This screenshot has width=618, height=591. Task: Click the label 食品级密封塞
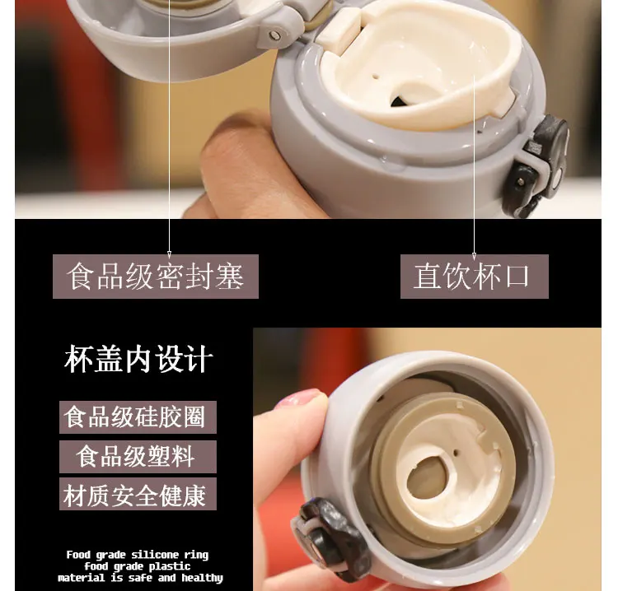(x=155, y=277)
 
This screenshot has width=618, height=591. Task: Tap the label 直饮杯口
(x=474, y=277)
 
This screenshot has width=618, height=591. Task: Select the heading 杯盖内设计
(x=138, y=359)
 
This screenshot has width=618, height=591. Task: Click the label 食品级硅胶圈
(x=138, y=417)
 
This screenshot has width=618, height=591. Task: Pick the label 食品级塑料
(x=138, y=457)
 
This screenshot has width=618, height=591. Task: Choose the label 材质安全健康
(x=138, y=494)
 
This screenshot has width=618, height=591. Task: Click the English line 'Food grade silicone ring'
(x=137, y=555)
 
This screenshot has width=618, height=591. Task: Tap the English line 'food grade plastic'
(x=137, y=566)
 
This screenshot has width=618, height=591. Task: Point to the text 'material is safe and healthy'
(x=140, y=578)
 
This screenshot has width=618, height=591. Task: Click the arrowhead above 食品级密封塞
(x=170, y=254)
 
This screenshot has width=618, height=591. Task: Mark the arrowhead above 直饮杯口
(x=474, y=256)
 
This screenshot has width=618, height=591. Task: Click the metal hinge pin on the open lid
(x=274, y=35)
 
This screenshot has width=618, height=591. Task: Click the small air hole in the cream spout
(x=376, y=77)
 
